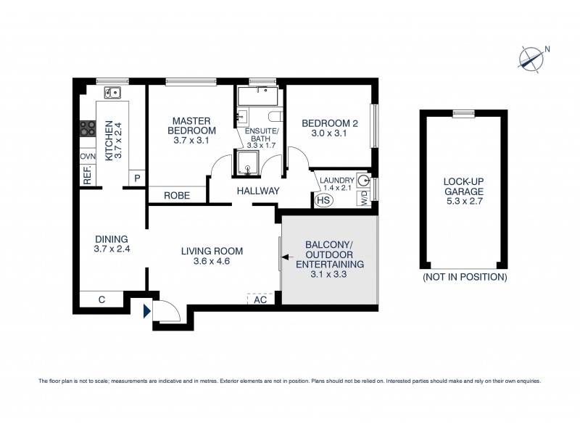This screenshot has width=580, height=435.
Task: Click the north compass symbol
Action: click(x=532, y=59)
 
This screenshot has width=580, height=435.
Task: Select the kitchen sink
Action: click(x=112, y=93)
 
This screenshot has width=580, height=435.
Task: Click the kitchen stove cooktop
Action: click(x=88, y=128)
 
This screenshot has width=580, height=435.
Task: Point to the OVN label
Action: click(x=88, y=157)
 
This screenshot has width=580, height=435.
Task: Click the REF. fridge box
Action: click(x=87, y=176)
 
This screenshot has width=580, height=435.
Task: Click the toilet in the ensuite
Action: click(x=273, y=115)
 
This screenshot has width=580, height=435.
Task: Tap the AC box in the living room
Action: click(x=260, y=299)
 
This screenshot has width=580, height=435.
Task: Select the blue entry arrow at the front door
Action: click(x=148, y=312)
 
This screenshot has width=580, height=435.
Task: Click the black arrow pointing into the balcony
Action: click(x=288, y=257)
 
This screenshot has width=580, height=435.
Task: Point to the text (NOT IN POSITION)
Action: click(x=464, y=278)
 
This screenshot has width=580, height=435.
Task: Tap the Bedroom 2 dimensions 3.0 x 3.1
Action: click(x=328, y=134)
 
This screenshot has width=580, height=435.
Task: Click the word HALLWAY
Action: click(x=257, y=191)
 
